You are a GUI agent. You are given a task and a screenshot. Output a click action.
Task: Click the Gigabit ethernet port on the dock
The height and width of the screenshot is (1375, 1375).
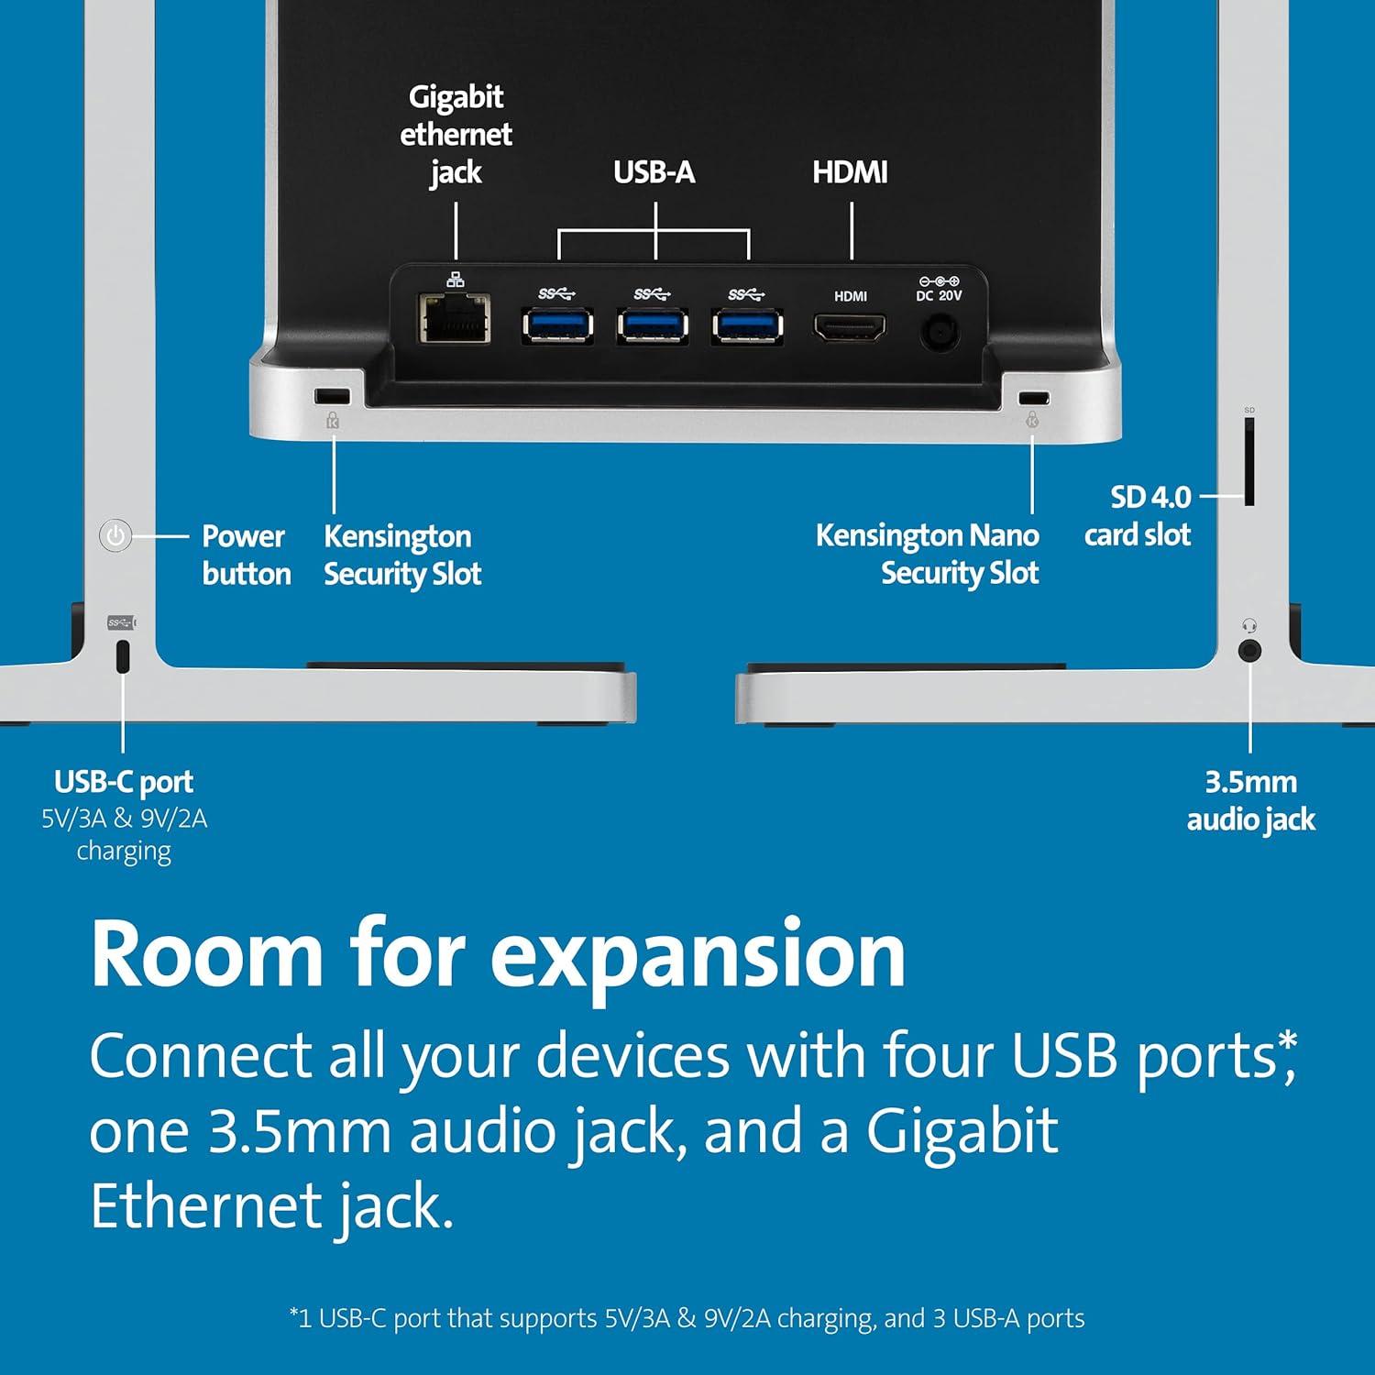click(455, 318)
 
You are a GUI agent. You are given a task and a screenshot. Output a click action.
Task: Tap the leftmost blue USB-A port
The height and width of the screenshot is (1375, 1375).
click(557, 325)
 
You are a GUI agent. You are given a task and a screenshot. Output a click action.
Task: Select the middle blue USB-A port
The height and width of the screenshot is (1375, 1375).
click(653, 325)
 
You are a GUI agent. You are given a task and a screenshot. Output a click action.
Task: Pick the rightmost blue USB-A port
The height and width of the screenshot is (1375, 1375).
click(748, 325)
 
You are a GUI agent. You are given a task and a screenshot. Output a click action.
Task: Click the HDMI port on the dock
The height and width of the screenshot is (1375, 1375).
click(850, 326)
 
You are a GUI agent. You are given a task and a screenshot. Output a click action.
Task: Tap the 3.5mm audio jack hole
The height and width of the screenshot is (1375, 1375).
click(1249, 651)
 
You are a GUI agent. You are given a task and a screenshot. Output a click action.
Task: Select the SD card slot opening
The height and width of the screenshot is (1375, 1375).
click(1249, 462)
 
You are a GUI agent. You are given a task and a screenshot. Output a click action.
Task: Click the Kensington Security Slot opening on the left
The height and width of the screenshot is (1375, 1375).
click(332, 396)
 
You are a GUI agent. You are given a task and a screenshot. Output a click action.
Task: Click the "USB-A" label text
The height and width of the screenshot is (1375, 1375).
click(654, 172)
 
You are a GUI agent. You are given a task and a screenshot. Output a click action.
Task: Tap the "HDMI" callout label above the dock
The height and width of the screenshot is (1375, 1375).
click(850, 172)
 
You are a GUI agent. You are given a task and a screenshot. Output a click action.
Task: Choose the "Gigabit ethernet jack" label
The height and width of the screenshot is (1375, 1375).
click(456, 135)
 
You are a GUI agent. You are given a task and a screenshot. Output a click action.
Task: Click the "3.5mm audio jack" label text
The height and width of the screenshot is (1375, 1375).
click(1251, 800)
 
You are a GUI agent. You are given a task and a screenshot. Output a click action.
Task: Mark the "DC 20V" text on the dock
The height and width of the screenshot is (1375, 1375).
click(939, 295)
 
